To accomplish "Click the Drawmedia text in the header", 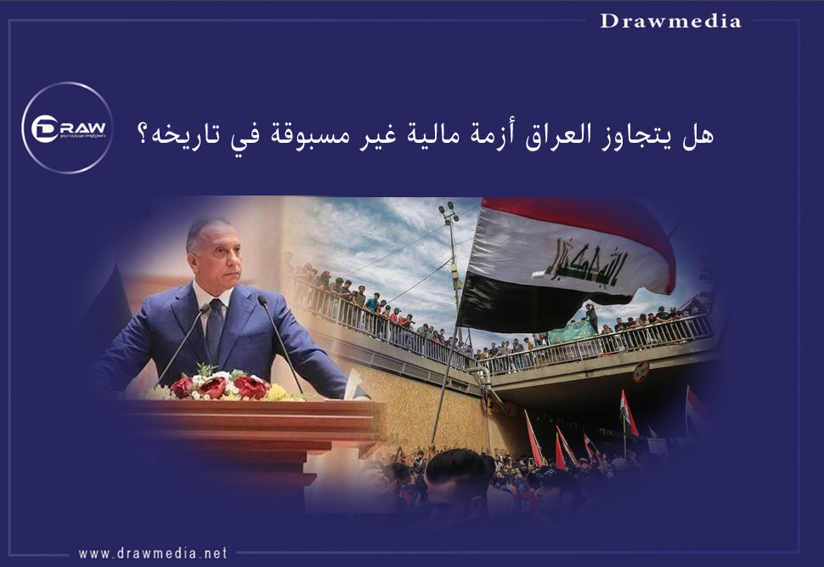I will [x=670, y=21].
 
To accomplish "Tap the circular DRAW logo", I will [x=67, y=128].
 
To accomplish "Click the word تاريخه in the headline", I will [x=183, y=134].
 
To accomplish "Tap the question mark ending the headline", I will [x=144, y=134].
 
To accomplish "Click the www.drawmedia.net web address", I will [x=153, y=553].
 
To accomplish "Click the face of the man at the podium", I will [x=210, y=252].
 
